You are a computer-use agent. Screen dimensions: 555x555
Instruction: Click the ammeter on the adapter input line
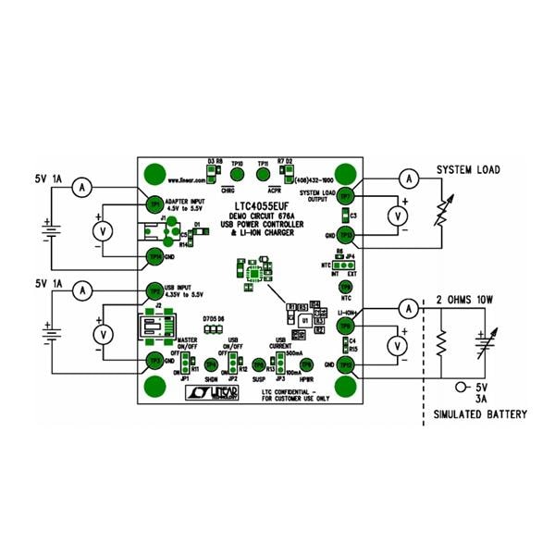tap(82, 187)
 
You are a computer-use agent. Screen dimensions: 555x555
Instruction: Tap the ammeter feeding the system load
tap(404, 176)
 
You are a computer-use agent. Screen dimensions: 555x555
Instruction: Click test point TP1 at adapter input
tap(154, 204)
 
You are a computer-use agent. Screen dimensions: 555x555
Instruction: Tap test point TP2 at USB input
tap(154, 290)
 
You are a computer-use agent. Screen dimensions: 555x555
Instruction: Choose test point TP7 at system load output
tap(346, 196)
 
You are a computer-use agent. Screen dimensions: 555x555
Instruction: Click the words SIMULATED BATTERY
tap(480, 414)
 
